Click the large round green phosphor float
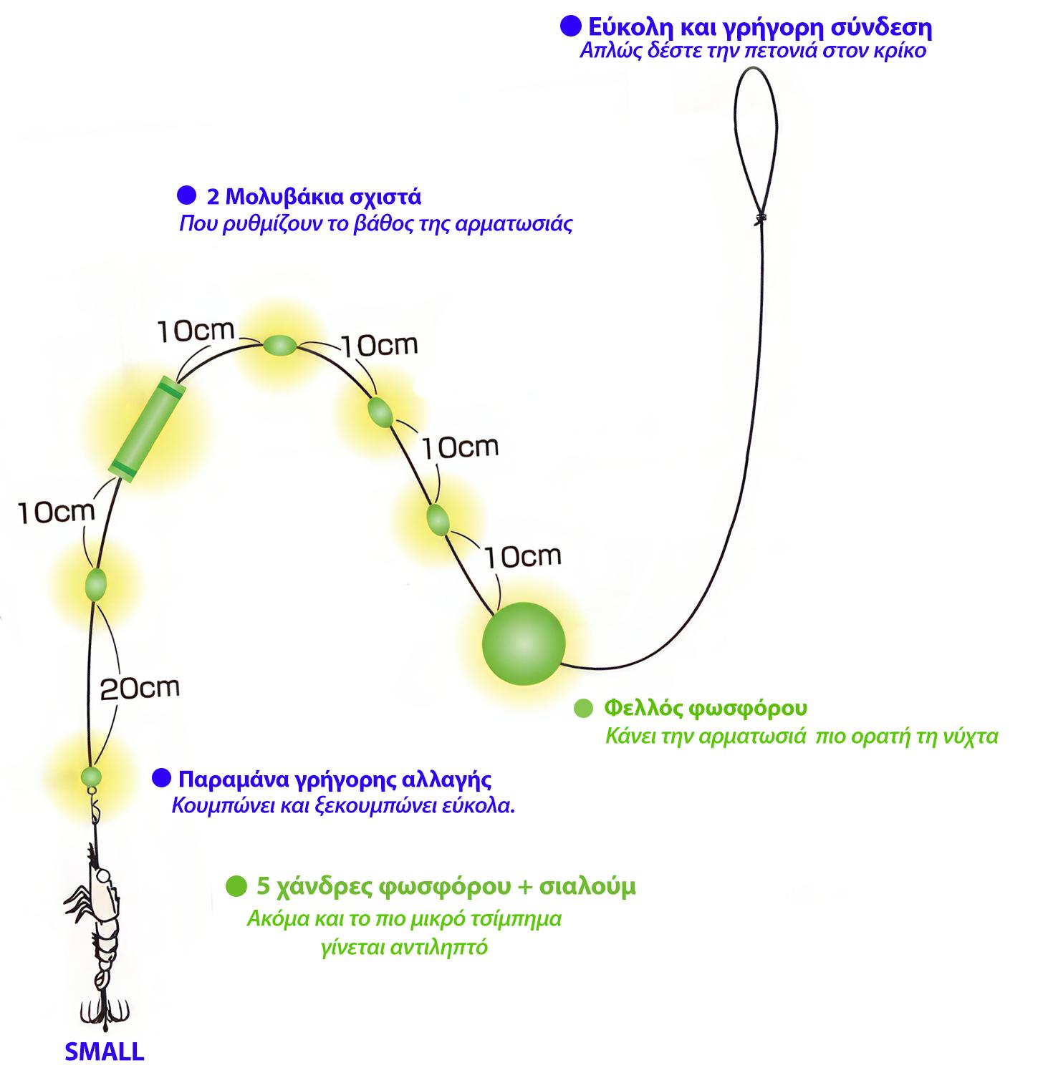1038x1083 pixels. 524,642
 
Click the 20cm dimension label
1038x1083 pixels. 139,688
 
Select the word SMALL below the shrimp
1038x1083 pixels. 104,1052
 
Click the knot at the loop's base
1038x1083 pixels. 760,218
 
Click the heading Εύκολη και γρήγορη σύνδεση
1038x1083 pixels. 759,28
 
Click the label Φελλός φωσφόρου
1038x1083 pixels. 706,709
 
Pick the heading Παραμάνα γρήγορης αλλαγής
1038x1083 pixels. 335,779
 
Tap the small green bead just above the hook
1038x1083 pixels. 91,776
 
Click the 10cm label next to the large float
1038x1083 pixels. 522,555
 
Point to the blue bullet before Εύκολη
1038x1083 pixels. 571,27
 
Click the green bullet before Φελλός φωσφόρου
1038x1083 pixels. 585,709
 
